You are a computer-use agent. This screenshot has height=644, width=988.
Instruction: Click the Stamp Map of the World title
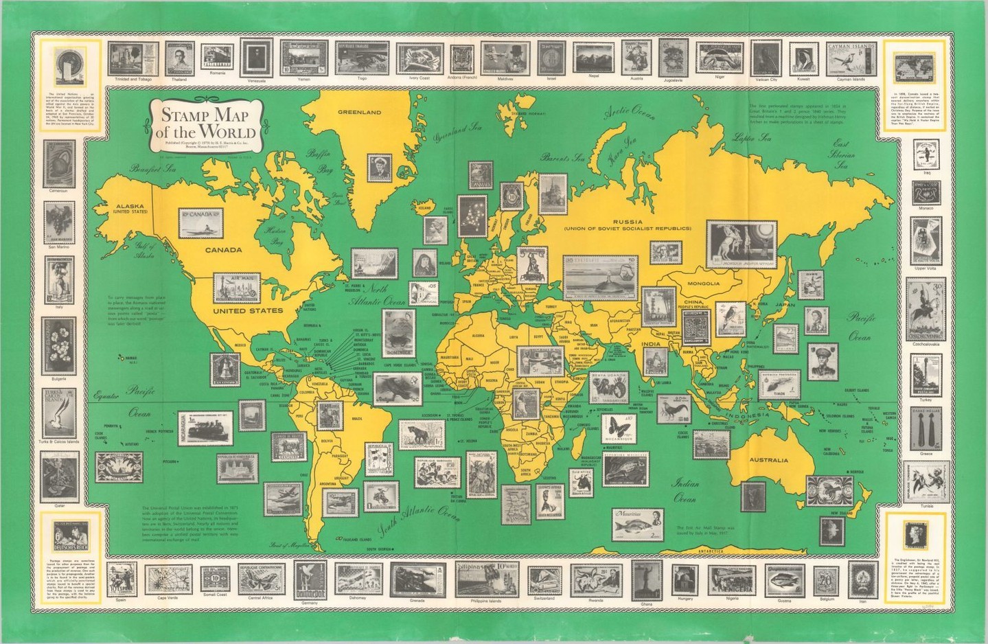[205, 124]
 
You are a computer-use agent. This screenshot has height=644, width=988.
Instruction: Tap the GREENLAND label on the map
[359, 112]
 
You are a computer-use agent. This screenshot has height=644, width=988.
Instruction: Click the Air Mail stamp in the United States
[237, 288]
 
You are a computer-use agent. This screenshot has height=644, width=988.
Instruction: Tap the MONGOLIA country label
[703, 284]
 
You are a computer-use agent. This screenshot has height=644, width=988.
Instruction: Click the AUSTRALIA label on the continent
[768, 459]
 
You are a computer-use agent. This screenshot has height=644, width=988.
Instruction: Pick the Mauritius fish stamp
[639, 525]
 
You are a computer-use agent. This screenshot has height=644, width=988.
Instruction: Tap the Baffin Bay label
[319, 161]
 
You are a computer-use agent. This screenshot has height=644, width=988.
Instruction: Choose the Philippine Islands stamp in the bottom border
[485, 579]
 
